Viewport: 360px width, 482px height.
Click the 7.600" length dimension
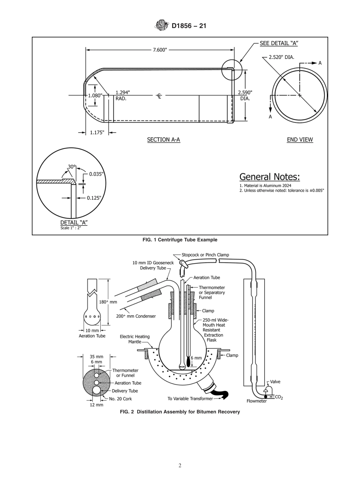pos(160,50)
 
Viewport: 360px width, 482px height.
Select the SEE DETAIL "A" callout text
pos(279,43)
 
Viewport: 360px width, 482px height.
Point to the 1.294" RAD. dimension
pos(122,95)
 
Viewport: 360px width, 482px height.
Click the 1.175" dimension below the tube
pos(97,133)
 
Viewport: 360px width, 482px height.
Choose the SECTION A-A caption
pos(163,140)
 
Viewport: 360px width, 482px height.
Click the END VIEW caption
pos(300,140)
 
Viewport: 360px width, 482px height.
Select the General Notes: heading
pos(269,177)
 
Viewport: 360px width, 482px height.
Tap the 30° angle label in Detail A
pos(72,167)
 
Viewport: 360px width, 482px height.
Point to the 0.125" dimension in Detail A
pos(94,198)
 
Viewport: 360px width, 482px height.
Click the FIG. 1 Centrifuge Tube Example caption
pos(180,240)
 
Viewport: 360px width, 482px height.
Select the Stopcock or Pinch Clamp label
pos(205,255)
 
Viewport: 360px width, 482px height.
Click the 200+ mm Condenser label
pos(136,316)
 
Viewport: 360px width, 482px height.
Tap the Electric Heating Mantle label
pos(135,339)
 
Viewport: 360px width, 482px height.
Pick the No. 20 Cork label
pos(120,399)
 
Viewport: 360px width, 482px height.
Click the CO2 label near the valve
pos(279,397)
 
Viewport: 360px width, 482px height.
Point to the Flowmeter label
pos(257,401)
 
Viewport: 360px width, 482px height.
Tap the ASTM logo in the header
pos(161,26)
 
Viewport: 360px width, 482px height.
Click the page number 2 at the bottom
pos(180,466)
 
